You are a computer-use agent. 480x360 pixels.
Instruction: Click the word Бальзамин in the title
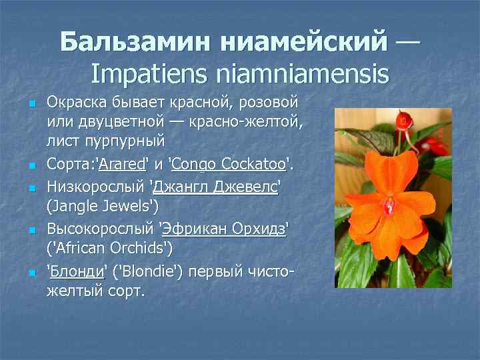coord(124,42)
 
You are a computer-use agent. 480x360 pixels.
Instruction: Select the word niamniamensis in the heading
coord(297,73)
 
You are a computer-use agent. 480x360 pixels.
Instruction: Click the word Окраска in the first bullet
coord(78,103)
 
